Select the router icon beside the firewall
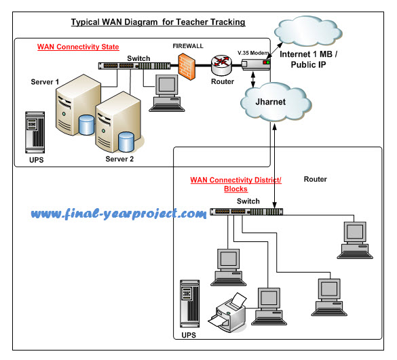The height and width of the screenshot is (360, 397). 221,65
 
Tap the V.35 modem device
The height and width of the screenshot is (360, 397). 256,64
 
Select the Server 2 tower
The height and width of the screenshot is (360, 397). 113,129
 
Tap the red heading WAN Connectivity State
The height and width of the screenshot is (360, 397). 78,47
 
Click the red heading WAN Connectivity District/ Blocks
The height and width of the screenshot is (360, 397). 235,184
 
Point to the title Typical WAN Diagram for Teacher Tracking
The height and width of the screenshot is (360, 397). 158,22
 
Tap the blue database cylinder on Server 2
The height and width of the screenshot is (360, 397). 126,142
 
